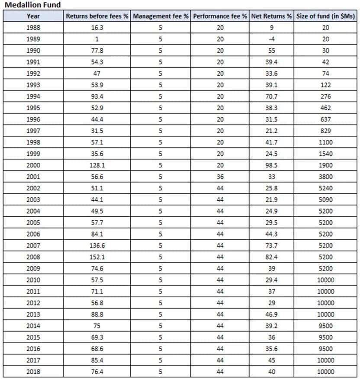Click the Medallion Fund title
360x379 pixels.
[32, 5]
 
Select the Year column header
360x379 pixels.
[33, 16]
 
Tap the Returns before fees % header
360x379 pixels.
[97, 16]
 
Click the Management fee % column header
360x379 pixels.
[161, 16]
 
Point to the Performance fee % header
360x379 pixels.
[220, 16]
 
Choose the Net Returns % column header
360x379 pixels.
[271, 16]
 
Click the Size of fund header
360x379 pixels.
[326, 16]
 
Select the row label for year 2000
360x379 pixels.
[33, 165]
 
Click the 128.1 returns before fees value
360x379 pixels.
[97, 165]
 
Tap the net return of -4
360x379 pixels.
[271, 39]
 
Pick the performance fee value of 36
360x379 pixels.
[220, 177]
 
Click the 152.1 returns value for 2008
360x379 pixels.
[97, 257]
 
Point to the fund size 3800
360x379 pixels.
[326, 177]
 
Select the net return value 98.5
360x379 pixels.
[271, 165]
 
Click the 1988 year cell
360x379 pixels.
[33, 27]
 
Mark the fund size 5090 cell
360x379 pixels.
[326, 199]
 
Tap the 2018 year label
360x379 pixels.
[33, 372]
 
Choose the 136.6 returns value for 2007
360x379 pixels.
[97, 245]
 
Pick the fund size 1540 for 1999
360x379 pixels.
[326, 154]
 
